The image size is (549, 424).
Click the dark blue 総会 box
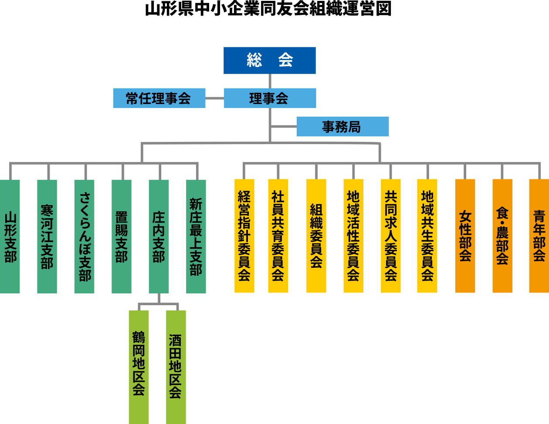click(269, 61)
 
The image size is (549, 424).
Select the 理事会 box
click(270, 98)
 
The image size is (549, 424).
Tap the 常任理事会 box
click(159, 98)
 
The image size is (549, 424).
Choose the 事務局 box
click(342, 126)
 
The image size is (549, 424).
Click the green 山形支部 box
click(10, 236)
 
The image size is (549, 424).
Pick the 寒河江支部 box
click(47, 236)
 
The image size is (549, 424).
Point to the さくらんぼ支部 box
click(84, 236)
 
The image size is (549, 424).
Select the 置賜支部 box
click(122, 236)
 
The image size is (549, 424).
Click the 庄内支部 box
click(159, 236)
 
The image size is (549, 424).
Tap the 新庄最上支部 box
click(196, 236)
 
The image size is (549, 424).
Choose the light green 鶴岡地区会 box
click(139, 367)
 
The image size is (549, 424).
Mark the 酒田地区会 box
click(176, 367)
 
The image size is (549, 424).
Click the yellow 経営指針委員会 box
click(244, 236)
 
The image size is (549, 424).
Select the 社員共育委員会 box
click(278, 236)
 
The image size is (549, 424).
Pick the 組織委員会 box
click(316, 236)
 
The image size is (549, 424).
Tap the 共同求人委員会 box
click(390, 236)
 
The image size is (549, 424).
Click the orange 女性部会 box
click(465, 236)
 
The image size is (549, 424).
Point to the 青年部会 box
click(539, 236)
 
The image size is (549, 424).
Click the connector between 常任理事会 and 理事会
click(214, 98)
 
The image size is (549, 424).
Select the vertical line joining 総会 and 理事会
click(270, 81)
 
